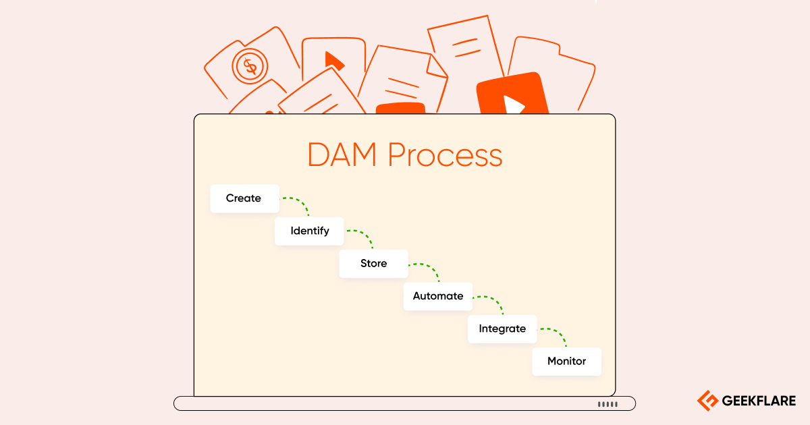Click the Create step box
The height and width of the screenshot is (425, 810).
click(x=244, y=198)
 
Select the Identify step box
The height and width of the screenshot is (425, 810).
click(x=310, y=231)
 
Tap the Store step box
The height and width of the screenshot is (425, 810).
click(x=373, y=263)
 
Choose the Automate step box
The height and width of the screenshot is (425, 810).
click(x=438, y=296)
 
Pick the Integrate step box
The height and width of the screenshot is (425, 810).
click(x=502, y=329)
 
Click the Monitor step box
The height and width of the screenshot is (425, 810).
click(x=566, y=361)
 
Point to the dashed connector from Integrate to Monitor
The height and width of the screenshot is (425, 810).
click(x=557, y=334)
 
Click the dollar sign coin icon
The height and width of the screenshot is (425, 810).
click(x=250, y=66)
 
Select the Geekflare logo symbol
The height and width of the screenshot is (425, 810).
click(x=707, y=401)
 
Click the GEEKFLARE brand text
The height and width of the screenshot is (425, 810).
click(x=759, y=401)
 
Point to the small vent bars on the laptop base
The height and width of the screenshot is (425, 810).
click(x=607, y=404)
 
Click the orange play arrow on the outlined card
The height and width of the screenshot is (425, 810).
click(x=333, y=61)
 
